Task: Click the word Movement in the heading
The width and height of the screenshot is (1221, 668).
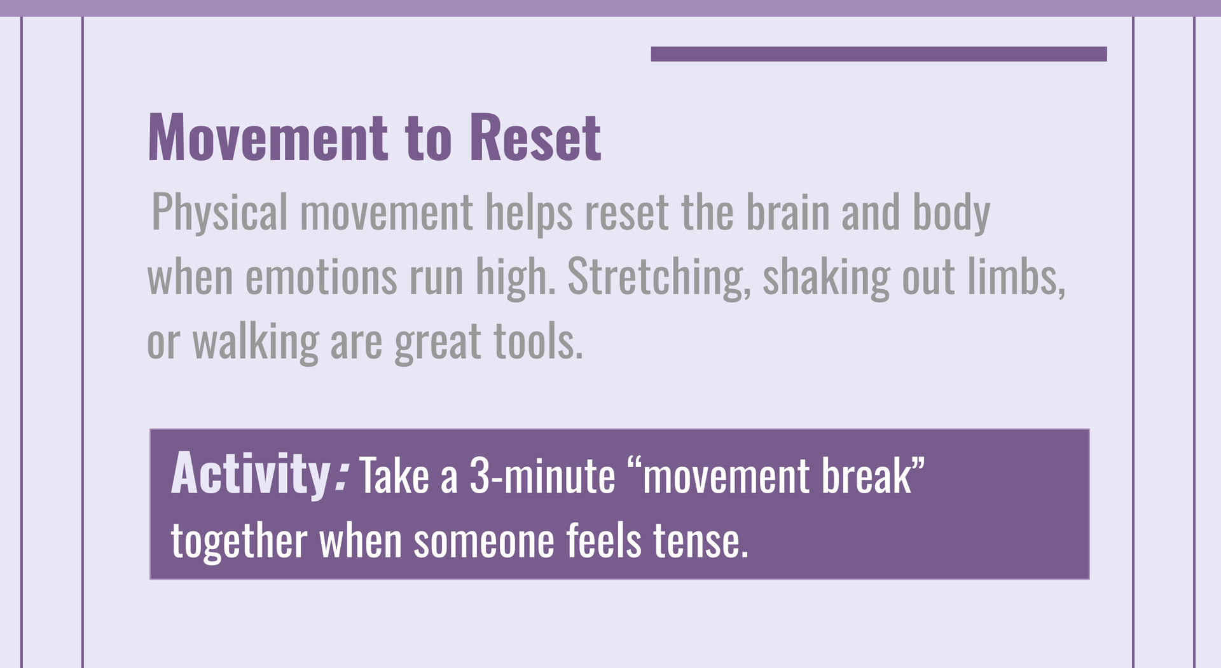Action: coord(268,138)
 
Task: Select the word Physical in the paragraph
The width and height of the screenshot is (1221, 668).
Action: coord(219,213)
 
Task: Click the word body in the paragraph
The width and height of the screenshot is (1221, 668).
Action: coord(951,213)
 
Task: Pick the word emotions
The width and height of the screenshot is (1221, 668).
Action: coord(321,277)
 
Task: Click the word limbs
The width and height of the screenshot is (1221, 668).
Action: coord(1016,277)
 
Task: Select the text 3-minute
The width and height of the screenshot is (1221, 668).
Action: coord(542,475)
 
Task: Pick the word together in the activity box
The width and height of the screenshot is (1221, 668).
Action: coord(239,542)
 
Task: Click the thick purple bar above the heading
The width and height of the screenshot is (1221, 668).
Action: coord(879,54)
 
